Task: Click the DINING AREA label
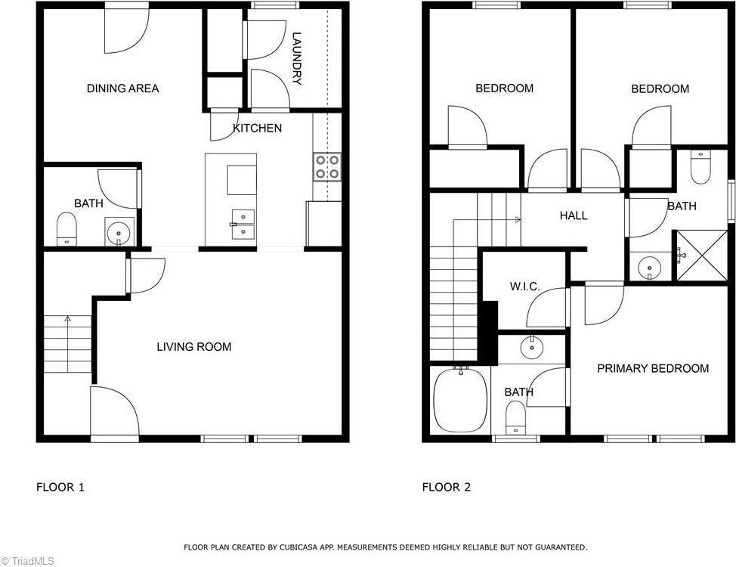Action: [122, 88]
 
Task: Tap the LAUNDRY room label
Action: [297, 58]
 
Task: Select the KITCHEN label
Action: [257, 129]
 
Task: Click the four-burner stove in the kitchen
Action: [327, 167]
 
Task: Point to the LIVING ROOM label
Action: [193, 347]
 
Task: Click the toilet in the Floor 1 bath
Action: [67, 228]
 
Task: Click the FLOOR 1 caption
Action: [60, 488]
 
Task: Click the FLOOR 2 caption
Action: [446, 488]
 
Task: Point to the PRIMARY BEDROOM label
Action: [653, 368]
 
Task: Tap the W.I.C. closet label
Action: [524, 287]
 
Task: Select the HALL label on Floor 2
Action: [574, 215]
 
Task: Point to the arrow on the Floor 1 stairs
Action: [67, 321]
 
